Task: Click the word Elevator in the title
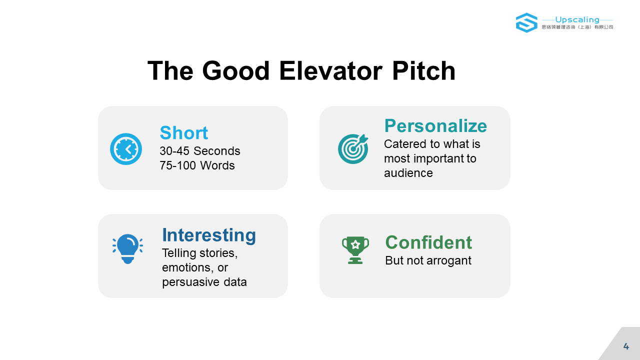[x=330, y=71]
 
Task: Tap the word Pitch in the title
[x=423, y=70]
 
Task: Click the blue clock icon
[x=126, y=149]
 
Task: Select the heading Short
[x=183, y=133]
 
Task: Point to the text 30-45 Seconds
[x=199, y=151]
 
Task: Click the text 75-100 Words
[x=197, y=165]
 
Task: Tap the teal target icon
[x=353, y=149]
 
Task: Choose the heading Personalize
[x=435, y=125]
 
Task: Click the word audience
[x=408, y=173]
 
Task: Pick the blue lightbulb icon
[x=127, y=249]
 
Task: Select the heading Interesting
[x=209, y=235]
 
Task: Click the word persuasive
[x=190, y=282]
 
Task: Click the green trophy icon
[x=355, y=250]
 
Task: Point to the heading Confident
[x=428, y=242]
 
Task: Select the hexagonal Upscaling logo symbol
[x=526, y=23]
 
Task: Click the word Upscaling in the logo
[x=577, y=19]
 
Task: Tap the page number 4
[x=626, y=346]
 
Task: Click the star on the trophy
[x=355, y=244]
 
